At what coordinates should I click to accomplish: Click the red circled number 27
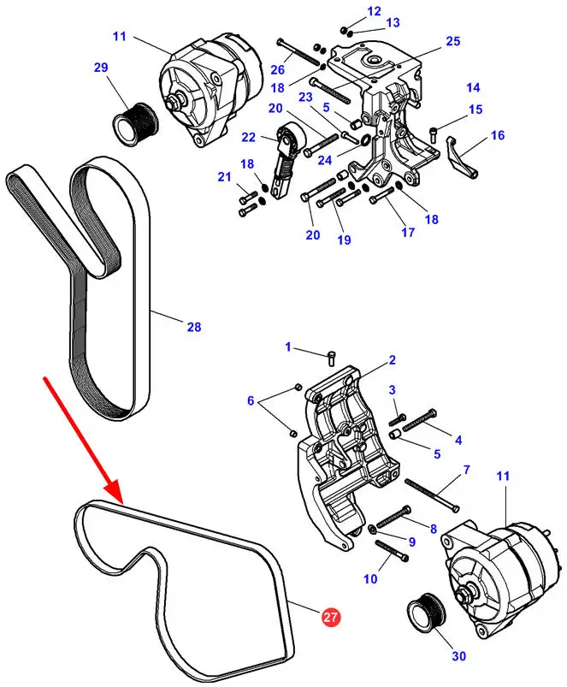331,617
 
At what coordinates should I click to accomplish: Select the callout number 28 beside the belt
194,327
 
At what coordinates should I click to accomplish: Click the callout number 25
453,41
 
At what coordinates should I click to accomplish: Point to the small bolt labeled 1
331,357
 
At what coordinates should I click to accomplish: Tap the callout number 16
498,135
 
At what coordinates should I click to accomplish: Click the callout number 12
374,11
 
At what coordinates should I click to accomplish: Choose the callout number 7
466,470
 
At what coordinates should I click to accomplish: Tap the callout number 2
392,360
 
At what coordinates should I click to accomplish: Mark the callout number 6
251,400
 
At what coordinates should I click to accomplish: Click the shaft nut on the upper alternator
174,104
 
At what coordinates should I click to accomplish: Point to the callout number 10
370,579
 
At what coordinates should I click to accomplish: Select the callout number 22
248,137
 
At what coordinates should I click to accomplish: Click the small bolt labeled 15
433,133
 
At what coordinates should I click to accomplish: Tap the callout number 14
473,87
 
